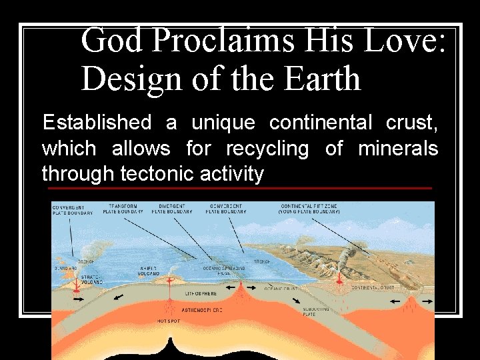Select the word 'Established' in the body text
(97, 123)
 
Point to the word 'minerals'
(398, 148)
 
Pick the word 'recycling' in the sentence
(267, 148)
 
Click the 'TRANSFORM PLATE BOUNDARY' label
(125, 209)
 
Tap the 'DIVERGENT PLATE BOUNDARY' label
(172, 209)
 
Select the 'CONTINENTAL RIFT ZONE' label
(310, 209)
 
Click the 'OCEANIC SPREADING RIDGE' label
(229, 270)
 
